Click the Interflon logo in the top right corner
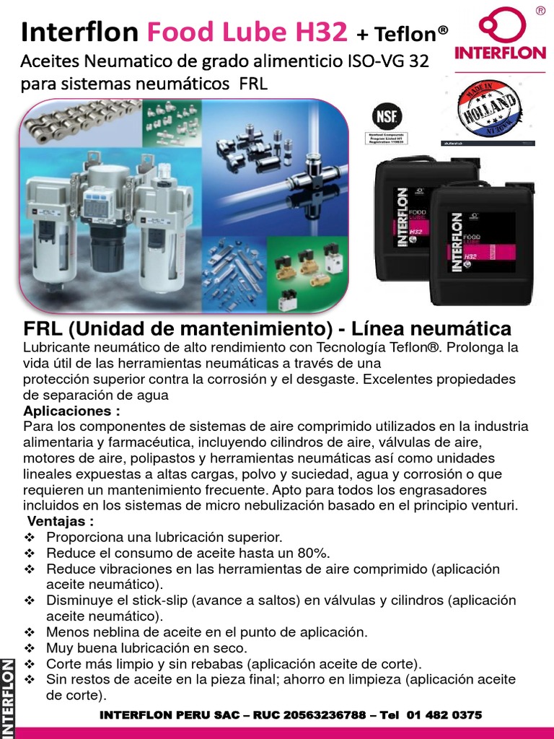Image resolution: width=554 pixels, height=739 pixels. (x=499, y=40)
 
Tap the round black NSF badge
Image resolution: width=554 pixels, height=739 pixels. (x=386, y=117)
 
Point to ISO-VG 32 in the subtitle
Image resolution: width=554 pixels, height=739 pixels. (x=390, y=61)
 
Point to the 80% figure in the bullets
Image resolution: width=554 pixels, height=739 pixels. (x=313, y=554)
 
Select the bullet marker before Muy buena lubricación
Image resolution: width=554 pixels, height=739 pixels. (x=30, y=647)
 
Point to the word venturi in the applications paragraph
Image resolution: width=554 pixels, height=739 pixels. (x=493, y=506)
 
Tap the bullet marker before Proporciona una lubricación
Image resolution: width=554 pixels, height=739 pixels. (x=30, y=538)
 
